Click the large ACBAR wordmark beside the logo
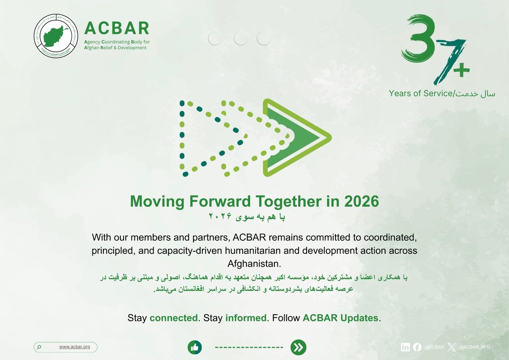click(117, 28)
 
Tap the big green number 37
click(428, 47)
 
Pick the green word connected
click(174, 318)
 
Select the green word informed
click(246, 318)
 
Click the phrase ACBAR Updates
click(340, 318)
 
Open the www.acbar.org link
click(75, 347)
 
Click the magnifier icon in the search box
click(39, 347)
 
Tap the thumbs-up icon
click(195, 347)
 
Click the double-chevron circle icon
click(298, 347)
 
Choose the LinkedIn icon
click(406, 347)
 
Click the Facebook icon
click(417, 347)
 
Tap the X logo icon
click(453, 347)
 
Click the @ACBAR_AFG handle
click(475, 347)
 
